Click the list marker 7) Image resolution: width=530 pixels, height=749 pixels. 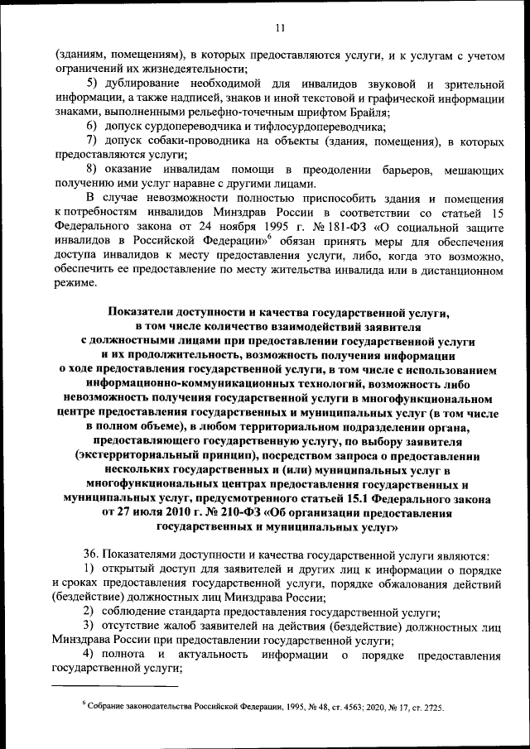coord(92,142)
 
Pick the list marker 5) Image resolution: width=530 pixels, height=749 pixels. coord(92,84)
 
